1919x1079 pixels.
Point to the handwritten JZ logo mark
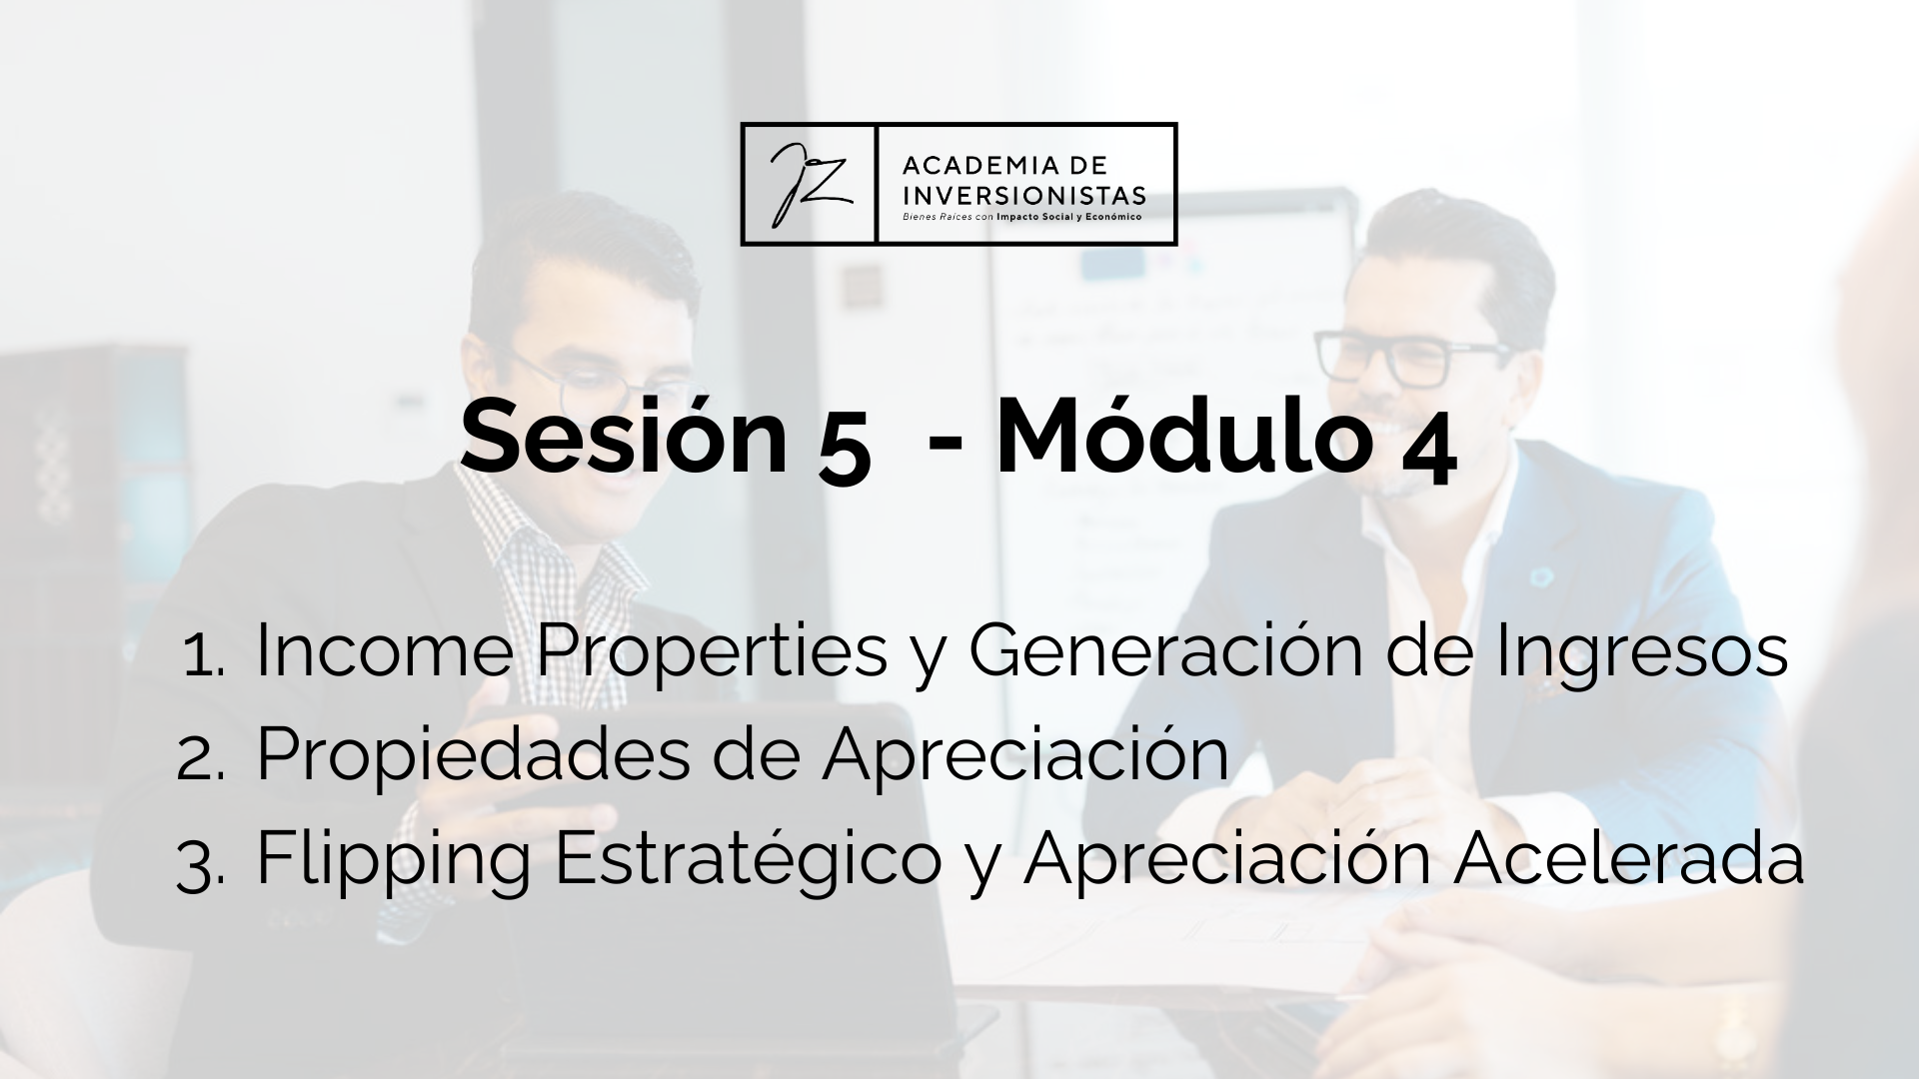pos(809,185)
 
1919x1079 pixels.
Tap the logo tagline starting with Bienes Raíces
pos(1021,216)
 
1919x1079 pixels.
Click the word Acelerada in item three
pos(1628,856)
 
